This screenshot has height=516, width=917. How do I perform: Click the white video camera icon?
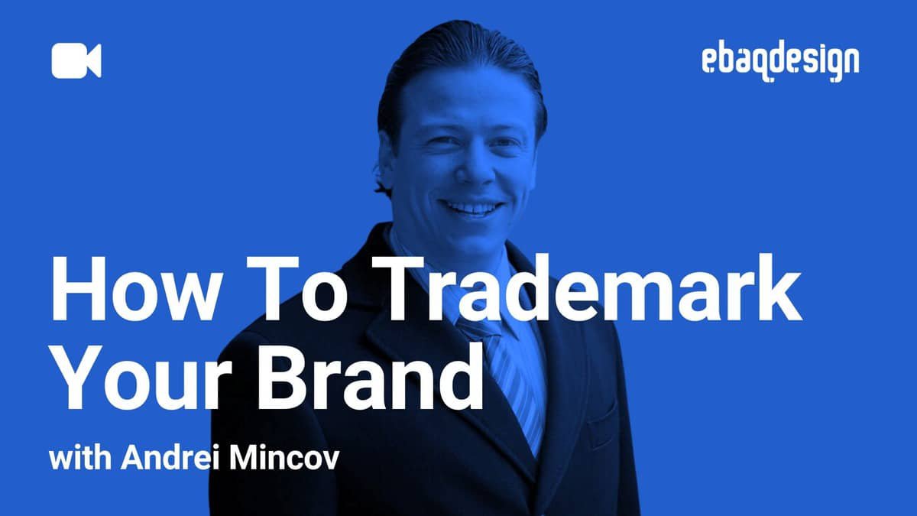(76, 61)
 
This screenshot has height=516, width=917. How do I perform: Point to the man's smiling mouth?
(471, 206)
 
